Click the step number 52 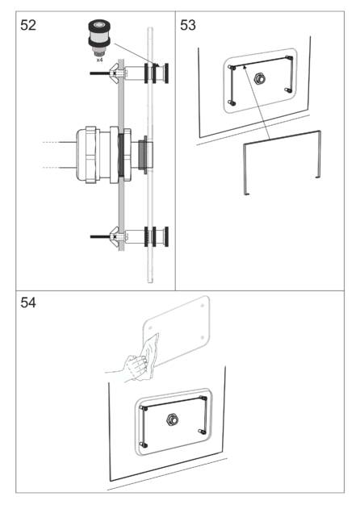[x=28, y=25]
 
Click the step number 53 [x=188, y=25]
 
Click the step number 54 [x=28, y=302]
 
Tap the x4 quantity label [x=99, y=60]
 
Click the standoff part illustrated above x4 [x=99, y=38]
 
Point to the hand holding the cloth [x=135, y=369]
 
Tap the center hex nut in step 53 [x=259, y=78]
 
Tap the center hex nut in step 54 [x=172, y=419]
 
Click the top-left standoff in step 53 [x=232, y=68]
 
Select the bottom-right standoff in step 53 [x=287, y=90]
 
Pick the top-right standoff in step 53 [x=289, y=58]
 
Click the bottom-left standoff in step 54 [x=144, y=444]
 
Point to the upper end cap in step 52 [x=166, y=73]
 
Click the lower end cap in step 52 [x=166, y=236]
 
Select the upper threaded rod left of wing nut [x=100, y=73]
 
